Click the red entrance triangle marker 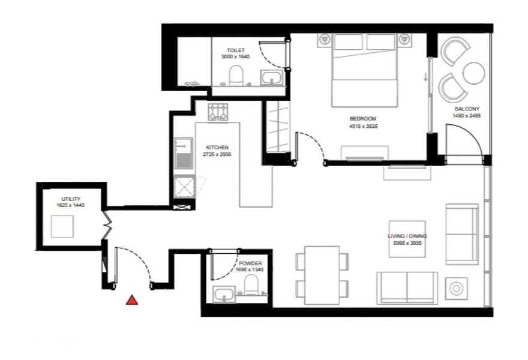(132, 300)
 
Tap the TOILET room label (236, 50)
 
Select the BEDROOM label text (363, 119)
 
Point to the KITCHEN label (217, 148)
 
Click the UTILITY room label (71, 199)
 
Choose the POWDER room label (250, 263)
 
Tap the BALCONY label (467, 109)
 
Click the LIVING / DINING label (407, 236)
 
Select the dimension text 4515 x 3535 (364, 126)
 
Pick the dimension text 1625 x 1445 (71, 205)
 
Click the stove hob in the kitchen (218, 112)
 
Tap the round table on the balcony (474, 73)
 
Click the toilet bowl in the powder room (251, 284)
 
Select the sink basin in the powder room (224, 295)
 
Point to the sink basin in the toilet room (272, 78)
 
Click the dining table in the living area (322, 275)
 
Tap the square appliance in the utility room (62, 227)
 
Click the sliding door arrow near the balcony (425, 77)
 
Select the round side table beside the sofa (456, 289)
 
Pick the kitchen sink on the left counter (184, 153)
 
